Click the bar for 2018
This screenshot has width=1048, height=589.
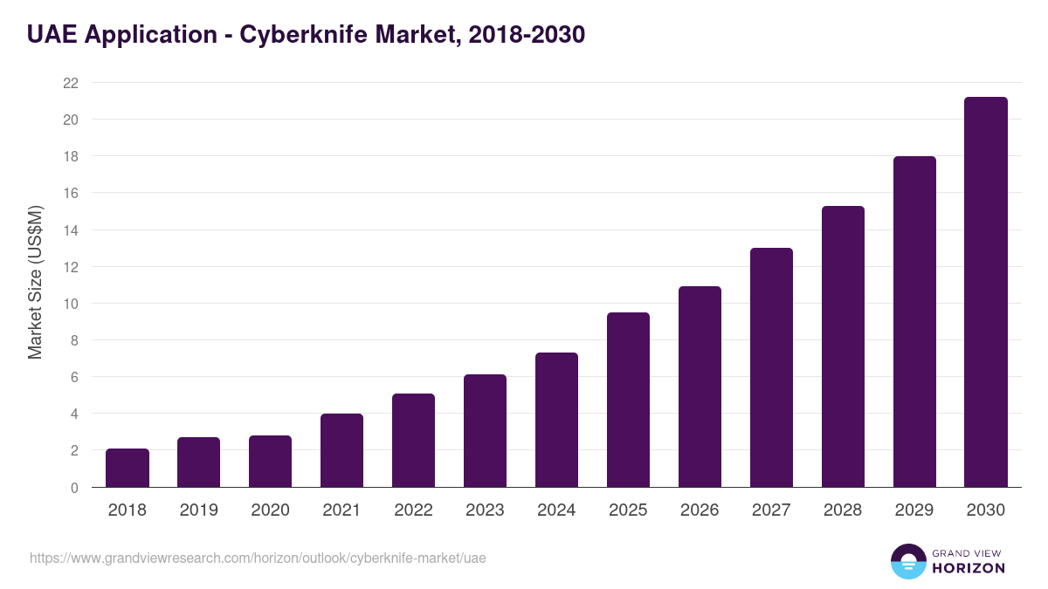128,469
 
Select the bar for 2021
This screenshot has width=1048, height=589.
342,451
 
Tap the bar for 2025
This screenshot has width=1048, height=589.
629,401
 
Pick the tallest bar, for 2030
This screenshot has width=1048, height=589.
986,292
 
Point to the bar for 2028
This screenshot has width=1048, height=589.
843,347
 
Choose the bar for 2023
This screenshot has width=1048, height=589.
486,431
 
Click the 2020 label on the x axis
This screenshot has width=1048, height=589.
271,510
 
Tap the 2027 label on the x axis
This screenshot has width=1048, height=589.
771,510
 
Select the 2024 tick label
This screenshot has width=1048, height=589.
557,510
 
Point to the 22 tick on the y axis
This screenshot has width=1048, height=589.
71,83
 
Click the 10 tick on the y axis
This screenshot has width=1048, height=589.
71,304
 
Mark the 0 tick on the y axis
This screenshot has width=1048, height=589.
74,488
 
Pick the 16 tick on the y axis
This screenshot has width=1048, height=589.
71,193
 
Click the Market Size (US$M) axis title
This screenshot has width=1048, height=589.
35,282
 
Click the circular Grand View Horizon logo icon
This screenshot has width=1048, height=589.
907,561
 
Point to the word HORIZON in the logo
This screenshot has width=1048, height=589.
969,568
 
